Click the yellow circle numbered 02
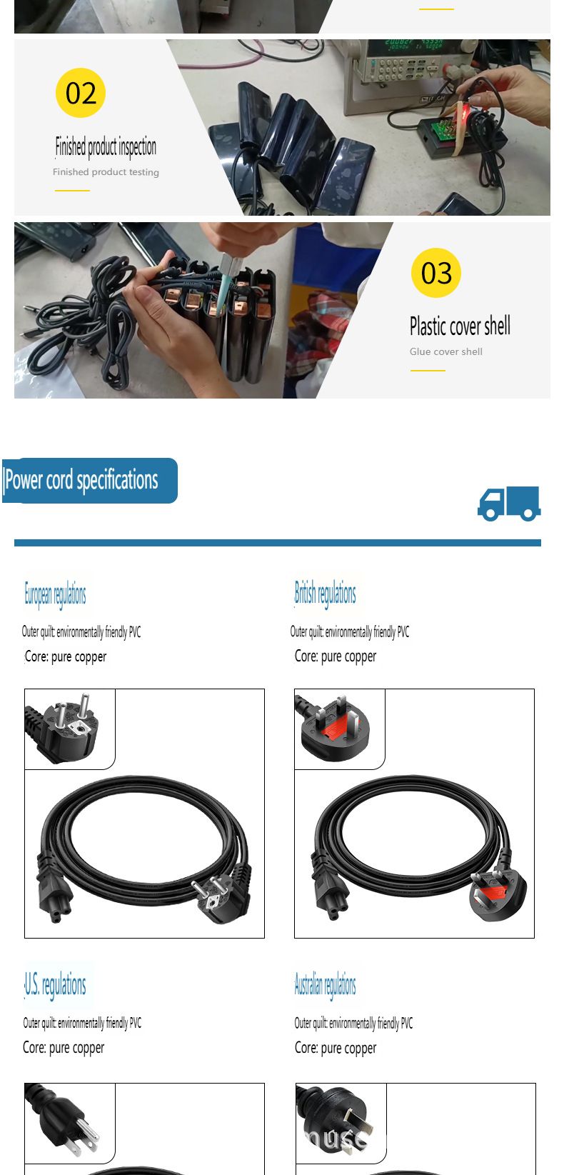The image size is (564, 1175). click(81, 93)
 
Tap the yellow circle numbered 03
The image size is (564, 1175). click(436, 273)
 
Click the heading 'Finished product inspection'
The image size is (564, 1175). click(106, 147)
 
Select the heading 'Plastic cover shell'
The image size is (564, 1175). click(460, 326)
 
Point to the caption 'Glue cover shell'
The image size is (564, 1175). click(446, 352)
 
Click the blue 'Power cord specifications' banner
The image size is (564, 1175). click(90, 481)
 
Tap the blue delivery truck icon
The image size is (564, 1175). click(509, 504)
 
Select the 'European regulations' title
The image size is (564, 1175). click(55, 594)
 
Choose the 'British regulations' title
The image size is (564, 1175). click(325, 594)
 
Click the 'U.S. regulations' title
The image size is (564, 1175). click(55, 984)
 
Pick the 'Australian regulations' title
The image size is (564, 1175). click(325, 984)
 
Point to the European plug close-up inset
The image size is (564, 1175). click(70, 729)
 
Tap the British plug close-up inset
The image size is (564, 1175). click(340, 729)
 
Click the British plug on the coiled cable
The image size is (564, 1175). click(498, 896)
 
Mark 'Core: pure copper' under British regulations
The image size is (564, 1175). click(336, 656)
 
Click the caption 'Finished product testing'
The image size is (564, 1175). click(106, 172)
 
